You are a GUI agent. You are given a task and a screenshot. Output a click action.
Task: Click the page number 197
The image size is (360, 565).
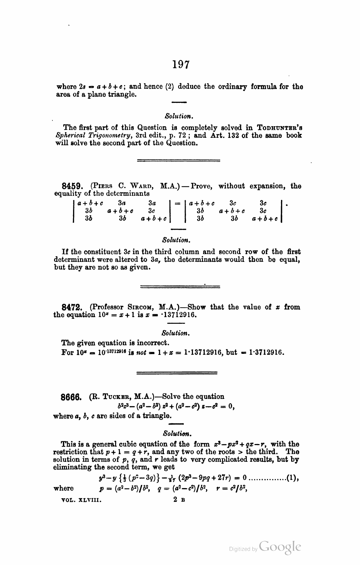tap(181, 64)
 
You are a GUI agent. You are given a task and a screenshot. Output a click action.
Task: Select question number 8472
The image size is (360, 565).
tap(72, 308)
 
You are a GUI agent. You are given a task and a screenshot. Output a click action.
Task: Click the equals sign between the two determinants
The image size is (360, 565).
tap(177, 203)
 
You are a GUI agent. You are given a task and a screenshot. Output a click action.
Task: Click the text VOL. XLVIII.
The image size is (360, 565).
tap(81, 500)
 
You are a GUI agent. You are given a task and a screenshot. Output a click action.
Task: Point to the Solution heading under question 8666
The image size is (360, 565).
tap(177, 434)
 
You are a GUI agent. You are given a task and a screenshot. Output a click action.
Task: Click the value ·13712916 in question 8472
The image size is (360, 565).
tap(182, 315)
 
